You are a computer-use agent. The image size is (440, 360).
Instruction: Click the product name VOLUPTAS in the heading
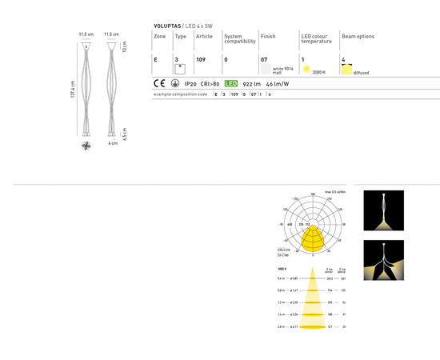pos(170,26)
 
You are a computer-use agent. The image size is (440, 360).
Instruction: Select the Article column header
pos(205,36)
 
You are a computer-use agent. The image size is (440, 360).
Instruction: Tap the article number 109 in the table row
pos(202,60)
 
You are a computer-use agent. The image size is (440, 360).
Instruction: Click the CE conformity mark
pos(159,83)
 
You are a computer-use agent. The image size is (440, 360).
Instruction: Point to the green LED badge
pos(230,83)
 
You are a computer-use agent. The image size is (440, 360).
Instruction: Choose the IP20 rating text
pos(191,83)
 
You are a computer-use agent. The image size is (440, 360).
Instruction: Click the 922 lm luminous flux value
pos(251,83)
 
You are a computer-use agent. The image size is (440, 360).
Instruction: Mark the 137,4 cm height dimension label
pos(72,94)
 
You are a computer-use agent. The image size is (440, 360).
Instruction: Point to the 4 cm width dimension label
pos(114,143)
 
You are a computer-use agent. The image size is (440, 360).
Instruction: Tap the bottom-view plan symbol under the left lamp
pos(86,146)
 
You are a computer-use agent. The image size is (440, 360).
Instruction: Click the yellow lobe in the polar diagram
pos(314,238)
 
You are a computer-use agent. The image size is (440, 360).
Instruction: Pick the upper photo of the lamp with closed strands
pos(384,210)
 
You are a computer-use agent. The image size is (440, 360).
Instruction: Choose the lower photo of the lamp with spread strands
pos(384,260)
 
